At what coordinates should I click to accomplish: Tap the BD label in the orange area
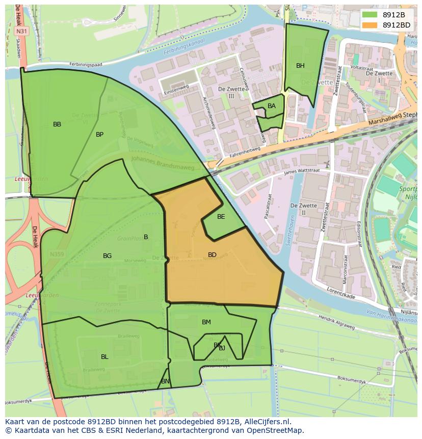tap(212, 255)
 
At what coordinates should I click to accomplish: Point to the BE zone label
tap(221, 217)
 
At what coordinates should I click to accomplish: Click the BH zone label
tap(300, 66)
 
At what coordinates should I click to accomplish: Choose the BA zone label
tap(272, 106)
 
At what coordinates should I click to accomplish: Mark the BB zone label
tap(57, 124)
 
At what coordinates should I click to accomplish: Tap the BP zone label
tap(99, 135)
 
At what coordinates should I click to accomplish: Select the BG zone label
tap(107, 256)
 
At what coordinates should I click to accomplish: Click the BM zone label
tap(206, 322)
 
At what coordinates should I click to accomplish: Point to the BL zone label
tap(104, 357)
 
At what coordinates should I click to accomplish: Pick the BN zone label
tap(165, 381)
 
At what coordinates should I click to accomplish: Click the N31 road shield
tap(21, 31)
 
